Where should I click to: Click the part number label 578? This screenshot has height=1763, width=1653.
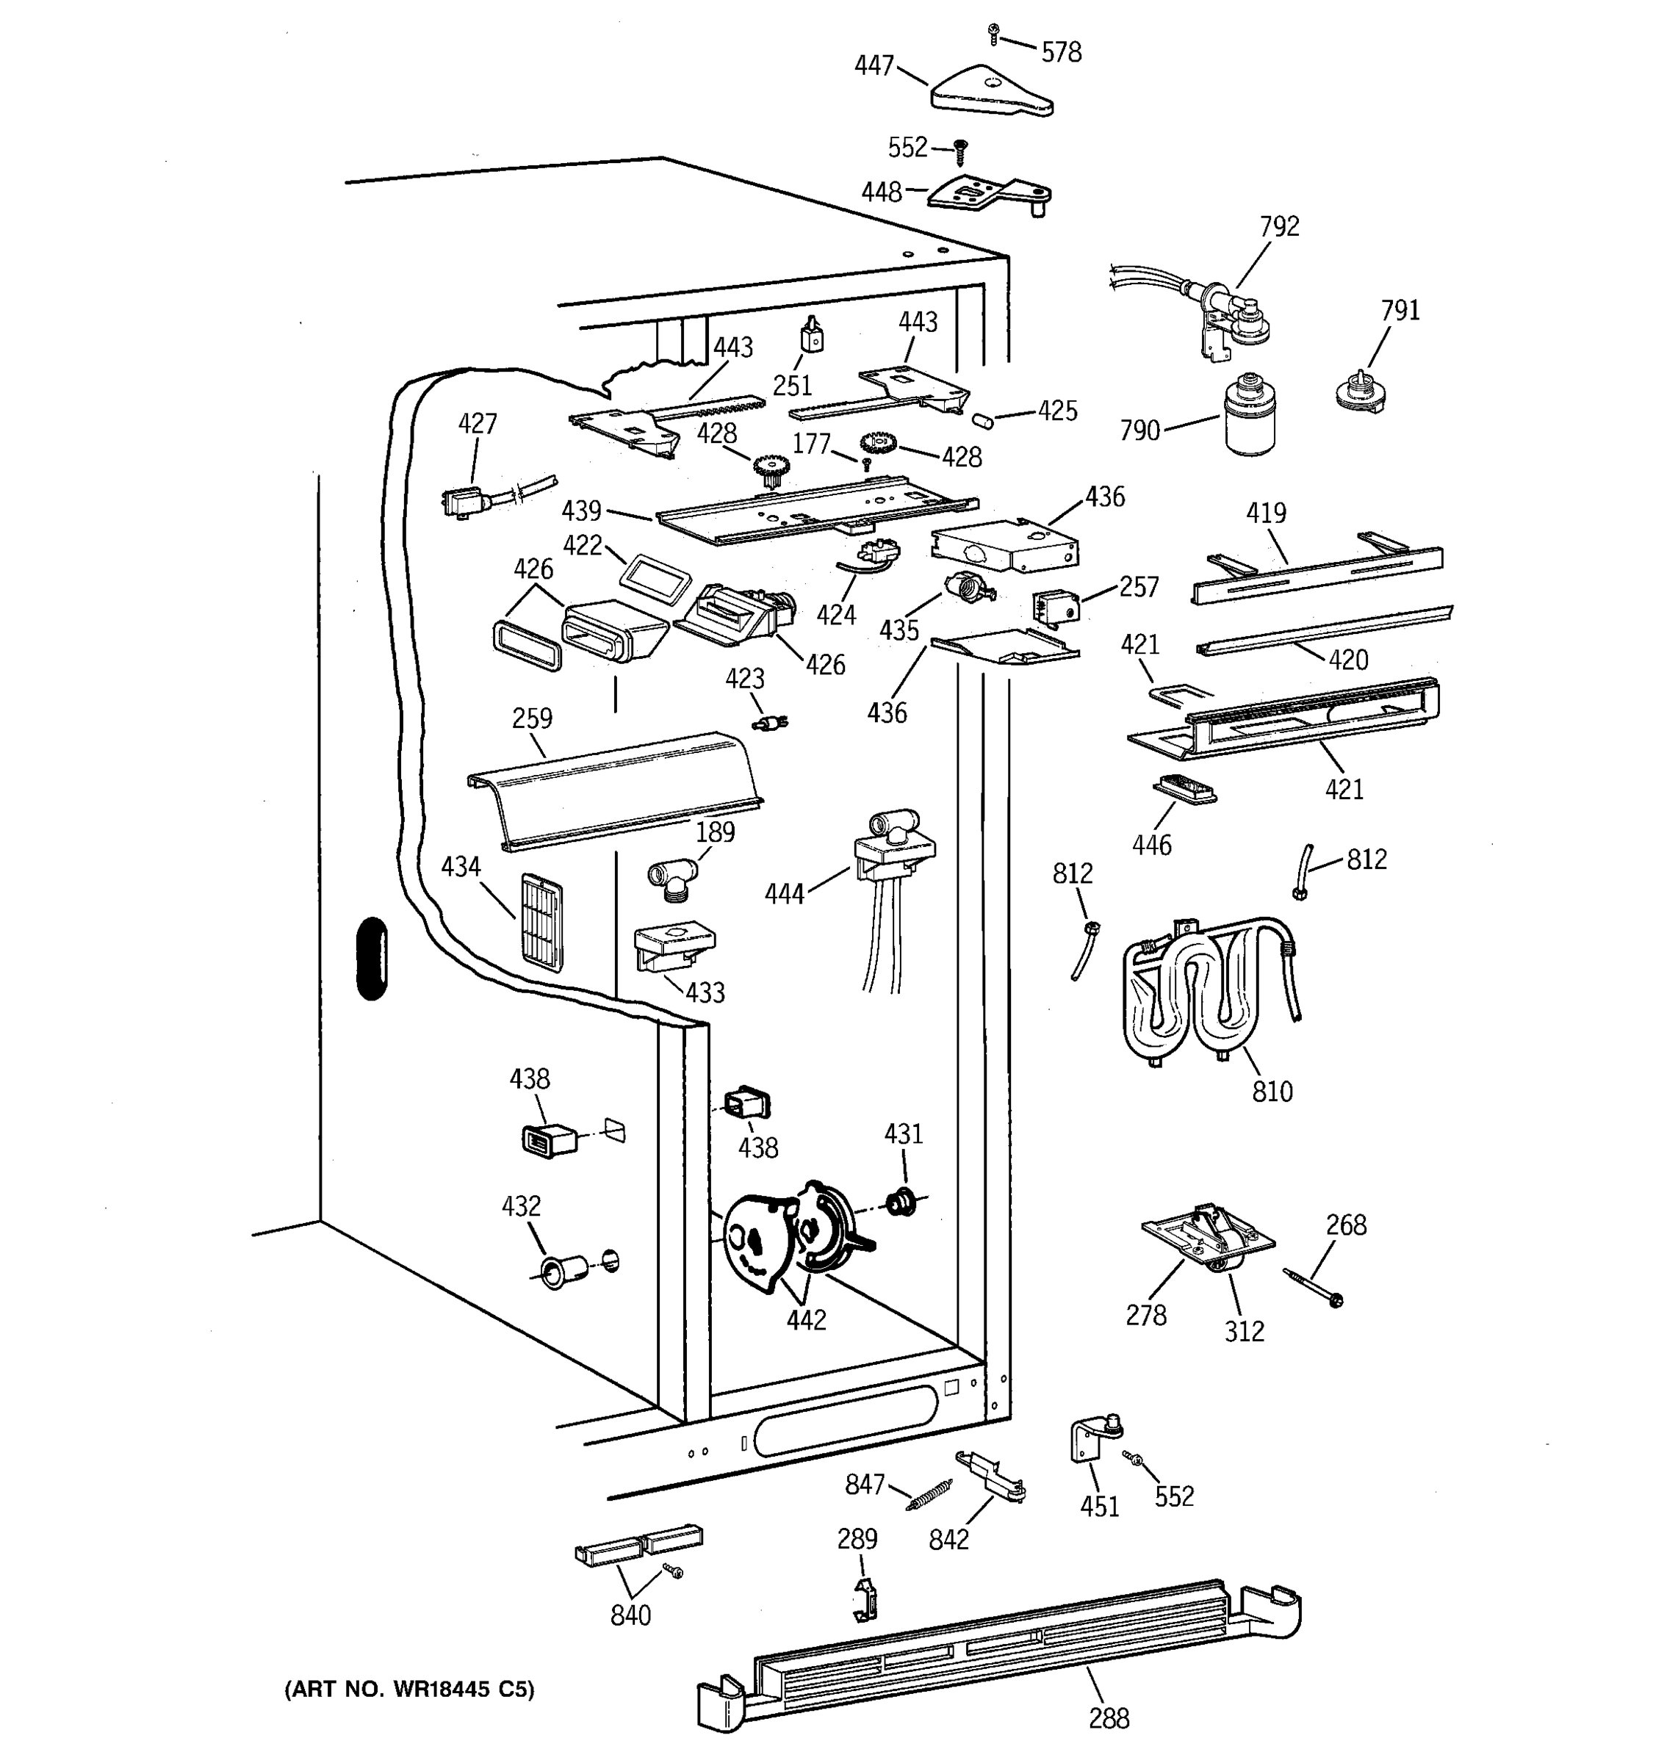click(x=1062, y=53)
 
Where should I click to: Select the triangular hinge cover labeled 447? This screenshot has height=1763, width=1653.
click(x=992, y=90)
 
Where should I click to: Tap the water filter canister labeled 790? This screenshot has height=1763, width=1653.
click(x=1250, y=414)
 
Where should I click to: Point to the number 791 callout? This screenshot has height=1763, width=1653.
click(x=1400, y=311)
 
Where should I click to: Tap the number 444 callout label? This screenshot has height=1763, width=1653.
click(x=785, y=894)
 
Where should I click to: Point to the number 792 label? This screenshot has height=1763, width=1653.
click(x=1280, y=226)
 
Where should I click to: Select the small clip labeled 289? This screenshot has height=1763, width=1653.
click(x=865, y=1599)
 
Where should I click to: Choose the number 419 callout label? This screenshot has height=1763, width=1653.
click(x=1266, y=513)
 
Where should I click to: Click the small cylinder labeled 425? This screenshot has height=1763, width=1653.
click(x=982, y=419)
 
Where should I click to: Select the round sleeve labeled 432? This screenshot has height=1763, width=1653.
click(x=561, y=1272)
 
